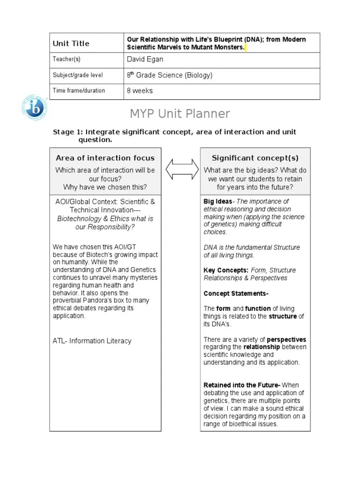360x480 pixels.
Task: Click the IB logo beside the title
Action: pos(34,107)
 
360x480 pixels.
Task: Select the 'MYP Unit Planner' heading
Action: pos(180,113)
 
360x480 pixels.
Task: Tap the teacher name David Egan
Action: pos(145,59)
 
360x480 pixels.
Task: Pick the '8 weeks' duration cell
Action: pos(140,90)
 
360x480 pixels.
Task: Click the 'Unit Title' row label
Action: pos(71,44)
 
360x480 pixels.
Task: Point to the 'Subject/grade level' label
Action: pos(78,75)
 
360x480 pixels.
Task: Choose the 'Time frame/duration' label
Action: pos(79,90)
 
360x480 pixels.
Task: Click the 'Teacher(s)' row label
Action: pos(67,59)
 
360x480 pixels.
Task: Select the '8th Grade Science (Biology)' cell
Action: pos(169,75)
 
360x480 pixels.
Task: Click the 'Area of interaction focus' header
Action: pos(105,158)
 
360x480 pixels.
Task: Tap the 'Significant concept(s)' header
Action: pos(255,158)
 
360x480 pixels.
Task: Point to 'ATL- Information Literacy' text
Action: pos(92,341)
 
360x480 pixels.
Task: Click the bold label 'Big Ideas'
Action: pos(218,202)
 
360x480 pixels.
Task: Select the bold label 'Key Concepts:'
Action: pos(226,270)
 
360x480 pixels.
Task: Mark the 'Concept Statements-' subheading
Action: pos(236,293)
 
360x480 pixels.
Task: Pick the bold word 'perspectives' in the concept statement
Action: pos(286,339)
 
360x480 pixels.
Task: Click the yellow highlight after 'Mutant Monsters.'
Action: pos(245,48)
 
